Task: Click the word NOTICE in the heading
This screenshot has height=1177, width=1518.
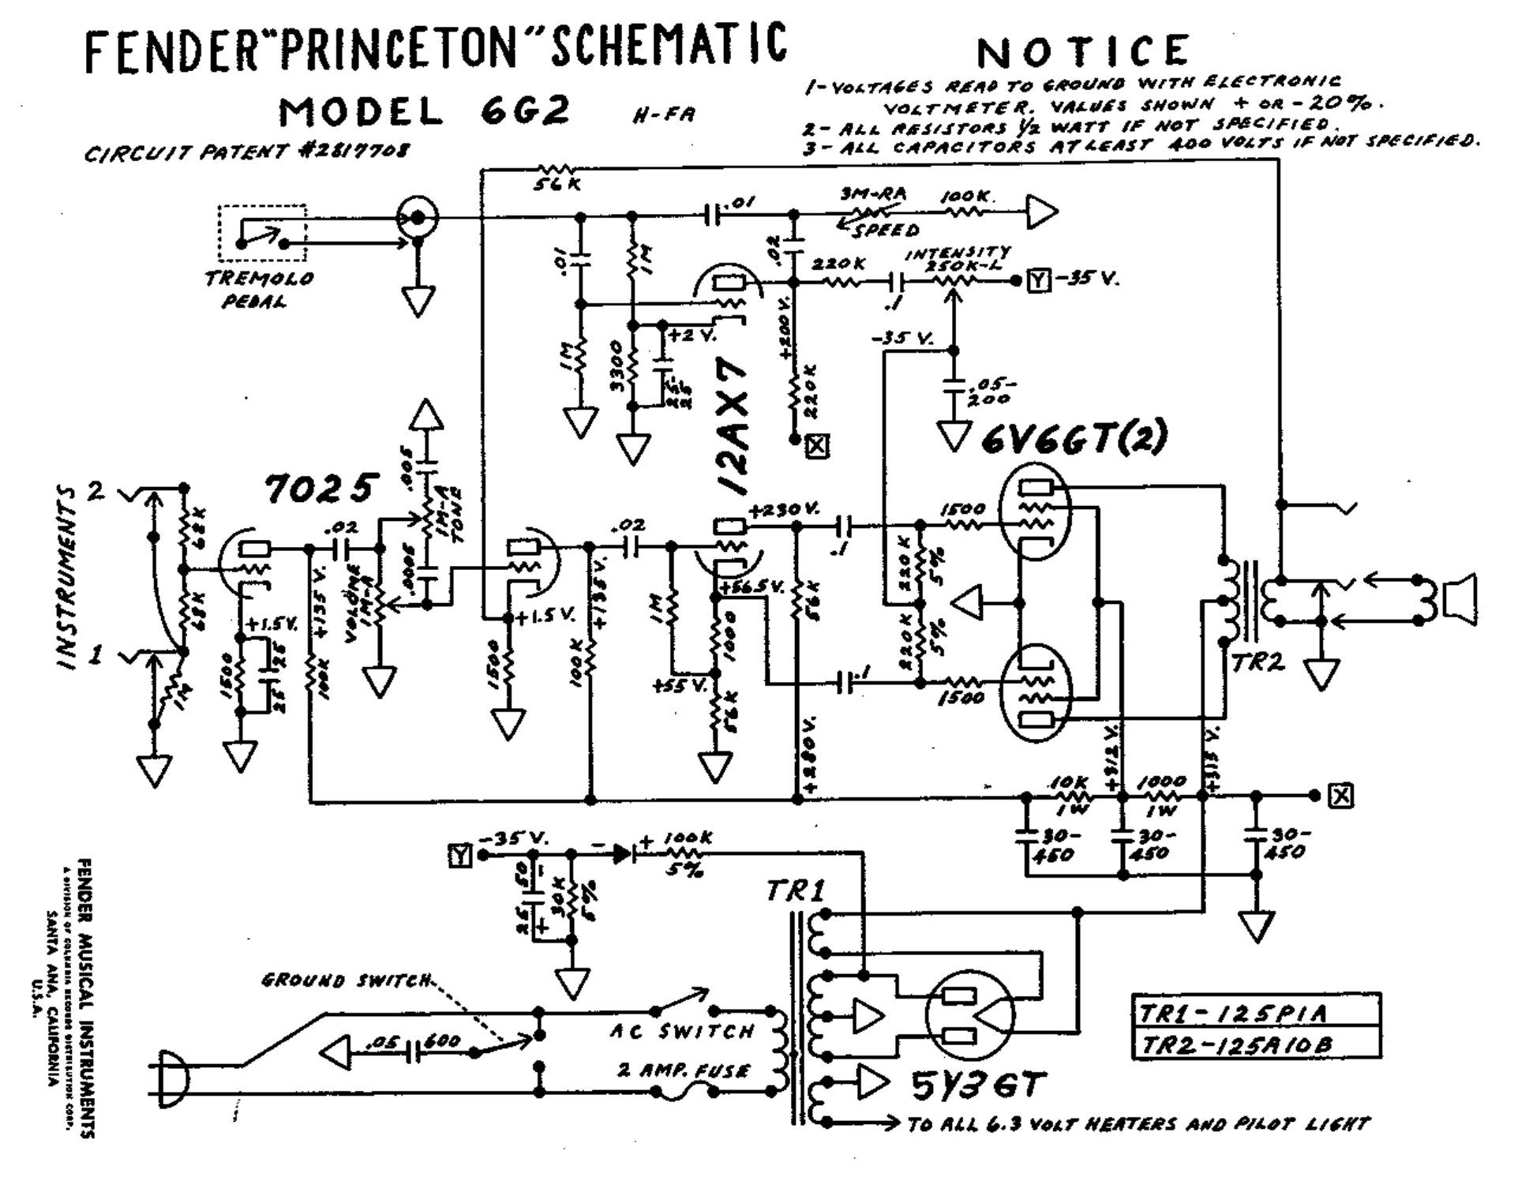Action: [x=1082, y=52]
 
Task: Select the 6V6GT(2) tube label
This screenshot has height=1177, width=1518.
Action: [x=1074, y=439]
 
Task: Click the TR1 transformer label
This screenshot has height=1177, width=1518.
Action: [x=795, y=891]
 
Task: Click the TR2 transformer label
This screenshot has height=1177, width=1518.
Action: [x=1258, y=662]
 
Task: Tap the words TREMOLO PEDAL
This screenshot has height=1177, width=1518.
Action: [x=260, y=290]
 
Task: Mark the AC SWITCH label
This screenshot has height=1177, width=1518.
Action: [x=682, y=1032]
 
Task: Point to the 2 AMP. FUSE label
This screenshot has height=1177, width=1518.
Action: [x=682, y=1071]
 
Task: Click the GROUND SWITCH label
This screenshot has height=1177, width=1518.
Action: [x=347, y=980]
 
